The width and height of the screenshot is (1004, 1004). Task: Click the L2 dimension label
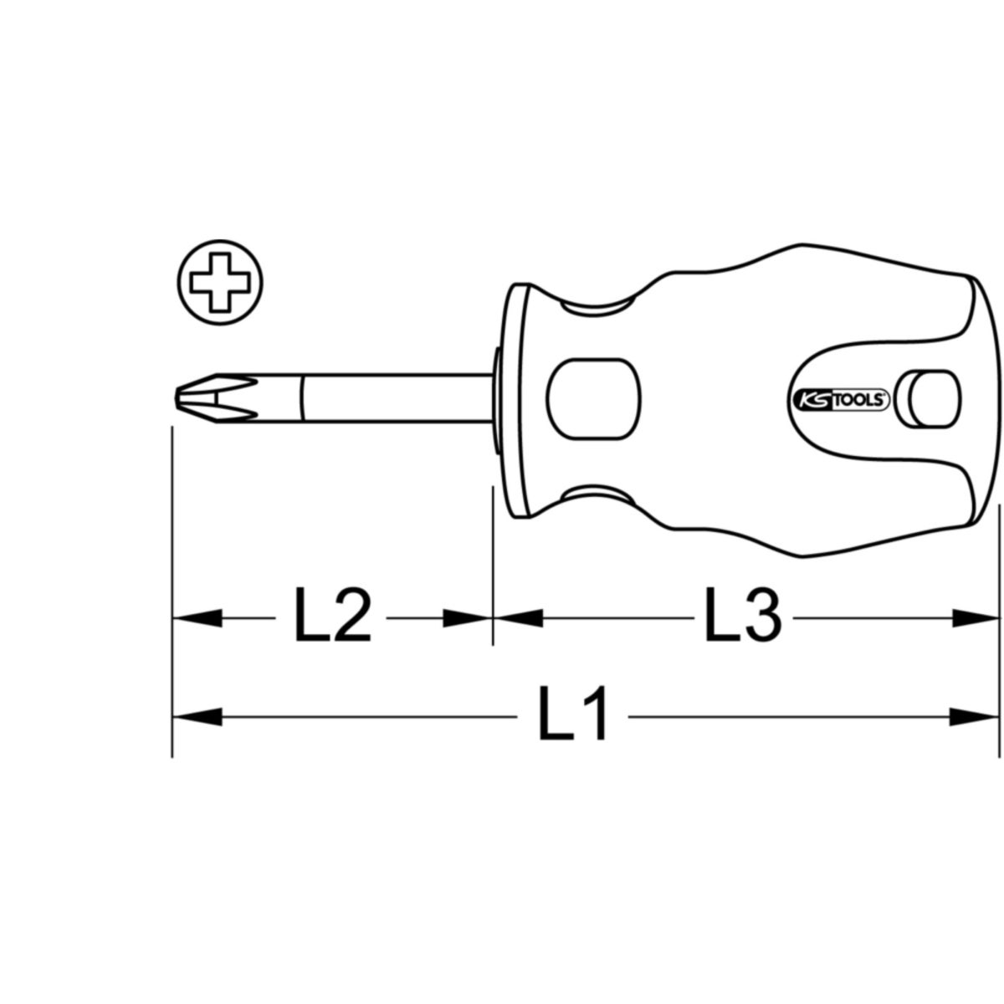pos(332,615)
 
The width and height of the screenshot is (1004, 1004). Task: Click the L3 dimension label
pos(743,615)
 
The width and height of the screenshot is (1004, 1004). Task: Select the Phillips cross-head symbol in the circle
pos(219,284)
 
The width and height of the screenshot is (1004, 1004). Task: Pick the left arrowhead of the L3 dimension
pos(518,618)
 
